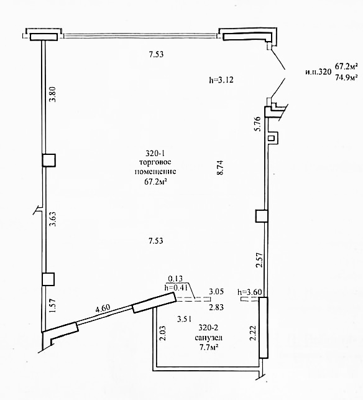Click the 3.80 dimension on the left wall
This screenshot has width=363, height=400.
point(52,94)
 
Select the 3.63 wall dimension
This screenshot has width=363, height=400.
point(52,219)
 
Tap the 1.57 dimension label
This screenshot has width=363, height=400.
point(52,305)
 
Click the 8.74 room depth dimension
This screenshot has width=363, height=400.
point(220,167)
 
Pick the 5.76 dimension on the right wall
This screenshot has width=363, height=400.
point(258,123)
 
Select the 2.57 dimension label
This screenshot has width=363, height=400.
point(259,259)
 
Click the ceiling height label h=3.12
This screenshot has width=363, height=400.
point(221,80)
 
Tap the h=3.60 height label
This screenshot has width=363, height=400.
point(250,292)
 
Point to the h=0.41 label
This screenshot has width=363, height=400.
point(177,287)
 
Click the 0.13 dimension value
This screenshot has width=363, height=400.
point(176,278)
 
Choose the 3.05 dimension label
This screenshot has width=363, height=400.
point(216,291)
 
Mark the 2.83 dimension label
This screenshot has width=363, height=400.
point(216,307)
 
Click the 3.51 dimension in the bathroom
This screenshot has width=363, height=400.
point(185,319)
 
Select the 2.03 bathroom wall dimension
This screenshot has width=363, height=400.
point(163,333)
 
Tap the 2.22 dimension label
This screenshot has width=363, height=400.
point(253,333)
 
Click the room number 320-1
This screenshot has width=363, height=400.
point(155,153)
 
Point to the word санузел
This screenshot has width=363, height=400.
point(208,338)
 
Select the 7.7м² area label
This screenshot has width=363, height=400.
point(208,347)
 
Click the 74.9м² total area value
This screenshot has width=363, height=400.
point(346,77)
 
